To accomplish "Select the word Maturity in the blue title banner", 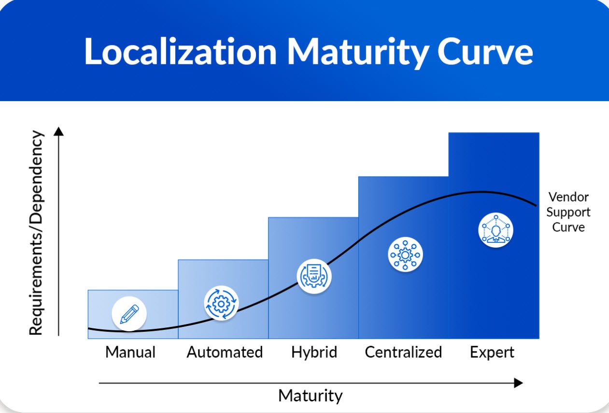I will (357, 51).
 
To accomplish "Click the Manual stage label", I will (130, 352).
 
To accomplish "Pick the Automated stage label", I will (225, 352).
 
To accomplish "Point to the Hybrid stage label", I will (314, 352).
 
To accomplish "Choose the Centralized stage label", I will (403, 352).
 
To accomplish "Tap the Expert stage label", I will (492, 352).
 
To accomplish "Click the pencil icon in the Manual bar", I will (129, 313).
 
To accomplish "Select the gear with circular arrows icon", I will (221, 303).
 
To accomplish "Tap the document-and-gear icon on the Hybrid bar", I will (314, 276).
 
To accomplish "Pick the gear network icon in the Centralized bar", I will (405, 254).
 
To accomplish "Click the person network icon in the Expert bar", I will (496, 230).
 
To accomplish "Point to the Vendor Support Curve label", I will (568, 212).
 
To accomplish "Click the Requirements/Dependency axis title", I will (37, 233).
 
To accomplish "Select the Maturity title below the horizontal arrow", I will (310, 396).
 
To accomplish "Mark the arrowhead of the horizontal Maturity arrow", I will (518, 383).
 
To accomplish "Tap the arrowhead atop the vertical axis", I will (59, 132).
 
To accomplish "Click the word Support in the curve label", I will (568, 212).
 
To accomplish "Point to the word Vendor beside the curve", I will (568, 197).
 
